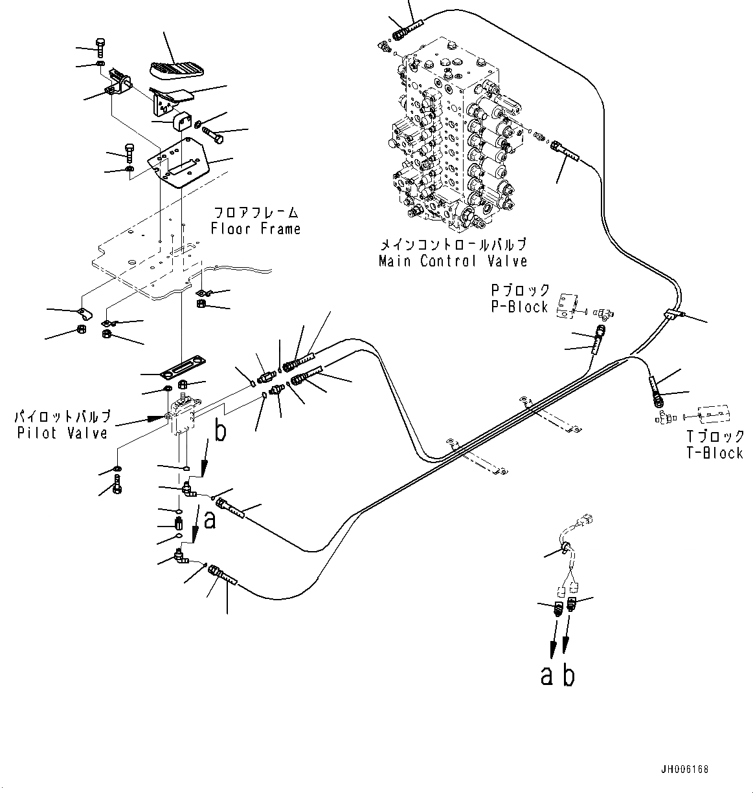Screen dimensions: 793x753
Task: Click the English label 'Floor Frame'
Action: pos(255,228)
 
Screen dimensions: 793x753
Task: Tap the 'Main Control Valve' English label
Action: pos(453,261)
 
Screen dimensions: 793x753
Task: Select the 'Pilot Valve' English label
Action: pos(62,433)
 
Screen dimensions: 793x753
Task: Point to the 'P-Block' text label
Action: pos(519,307)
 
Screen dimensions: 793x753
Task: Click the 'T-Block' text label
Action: pos(715,453)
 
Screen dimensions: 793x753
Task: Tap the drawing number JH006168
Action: pos(684,770)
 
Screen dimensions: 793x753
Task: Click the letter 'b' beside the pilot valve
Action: pos(220,432)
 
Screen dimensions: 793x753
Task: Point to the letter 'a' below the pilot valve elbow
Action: pos(209,519)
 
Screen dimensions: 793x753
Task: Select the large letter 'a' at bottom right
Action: pos(547,676)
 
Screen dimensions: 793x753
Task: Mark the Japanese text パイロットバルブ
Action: pos(63,417)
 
